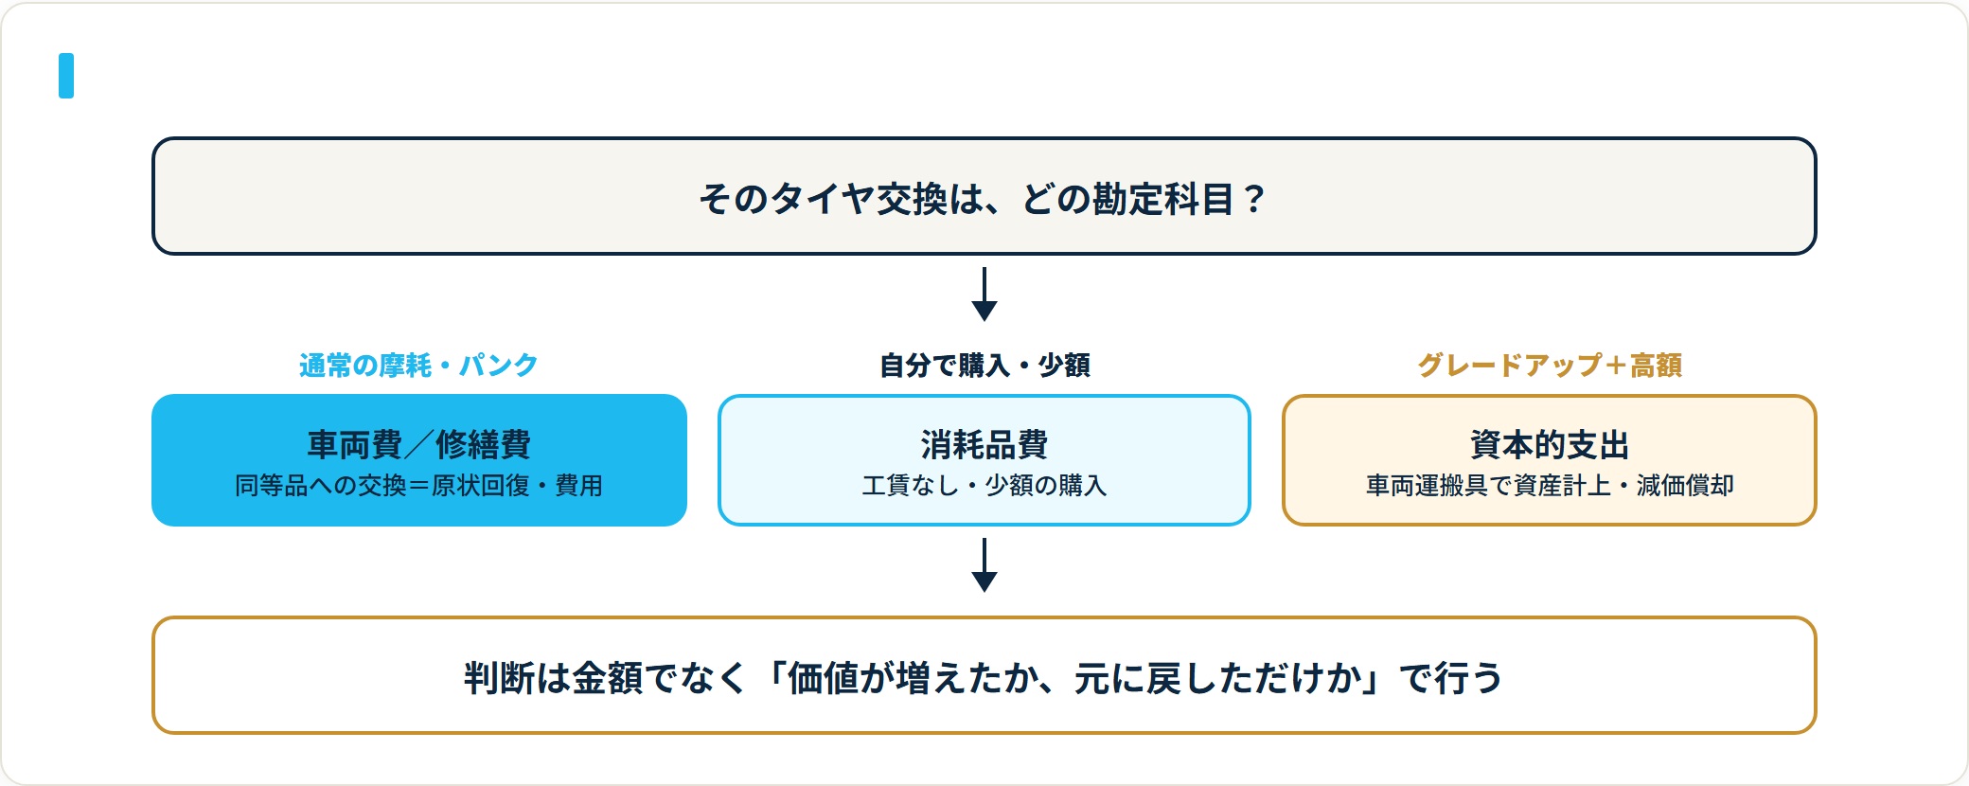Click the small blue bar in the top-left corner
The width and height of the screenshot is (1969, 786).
[66, 76]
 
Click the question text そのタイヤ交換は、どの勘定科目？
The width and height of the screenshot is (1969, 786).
[983, 199]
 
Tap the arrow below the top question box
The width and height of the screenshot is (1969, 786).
[984, 295]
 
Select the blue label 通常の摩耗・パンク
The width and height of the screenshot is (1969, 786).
[418, 365]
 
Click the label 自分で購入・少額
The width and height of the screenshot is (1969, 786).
[984, 365]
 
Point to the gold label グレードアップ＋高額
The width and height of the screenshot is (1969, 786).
[1550, 365]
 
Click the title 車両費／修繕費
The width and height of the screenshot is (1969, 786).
[418, 444]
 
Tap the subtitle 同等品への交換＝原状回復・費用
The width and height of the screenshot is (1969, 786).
[418, 486]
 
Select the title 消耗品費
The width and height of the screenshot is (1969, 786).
[984, 444]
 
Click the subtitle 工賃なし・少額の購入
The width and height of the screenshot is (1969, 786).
[984, 486]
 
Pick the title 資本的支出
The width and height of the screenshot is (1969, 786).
[1550, 444]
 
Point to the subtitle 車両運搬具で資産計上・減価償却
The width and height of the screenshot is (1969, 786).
[1550, 486]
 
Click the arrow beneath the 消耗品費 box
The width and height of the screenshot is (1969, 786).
[984, 565]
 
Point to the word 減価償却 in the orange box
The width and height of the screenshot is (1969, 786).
[1685, 486]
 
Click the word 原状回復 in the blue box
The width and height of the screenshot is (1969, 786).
[480, 486]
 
